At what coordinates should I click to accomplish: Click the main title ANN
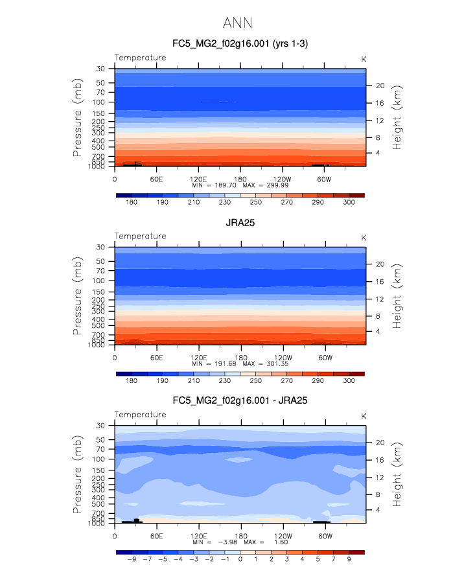(x=237, y=23)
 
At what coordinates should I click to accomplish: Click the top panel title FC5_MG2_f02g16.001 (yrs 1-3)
(x=240, y=43)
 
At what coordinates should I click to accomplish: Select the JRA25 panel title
(x=240, y=222)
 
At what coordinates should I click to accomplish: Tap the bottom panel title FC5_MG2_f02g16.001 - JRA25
(x=240, y=400)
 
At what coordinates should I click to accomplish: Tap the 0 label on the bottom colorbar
(x=240, y=559)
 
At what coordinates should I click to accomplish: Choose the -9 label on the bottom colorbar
(x=132, y=559)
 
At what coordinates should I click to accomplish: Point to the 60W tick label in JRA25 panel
(x=325, y=356)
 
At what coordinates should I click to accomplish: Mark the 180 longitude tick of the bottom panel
(x=240, y=535)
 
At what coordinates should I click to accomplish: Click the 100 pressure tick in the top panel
(x=101, y=102)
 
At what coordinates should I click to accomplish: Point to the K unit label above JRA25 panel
(x=364, y=237)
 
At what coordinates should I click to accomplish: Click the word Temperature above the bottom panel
(x=140, y=415)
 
